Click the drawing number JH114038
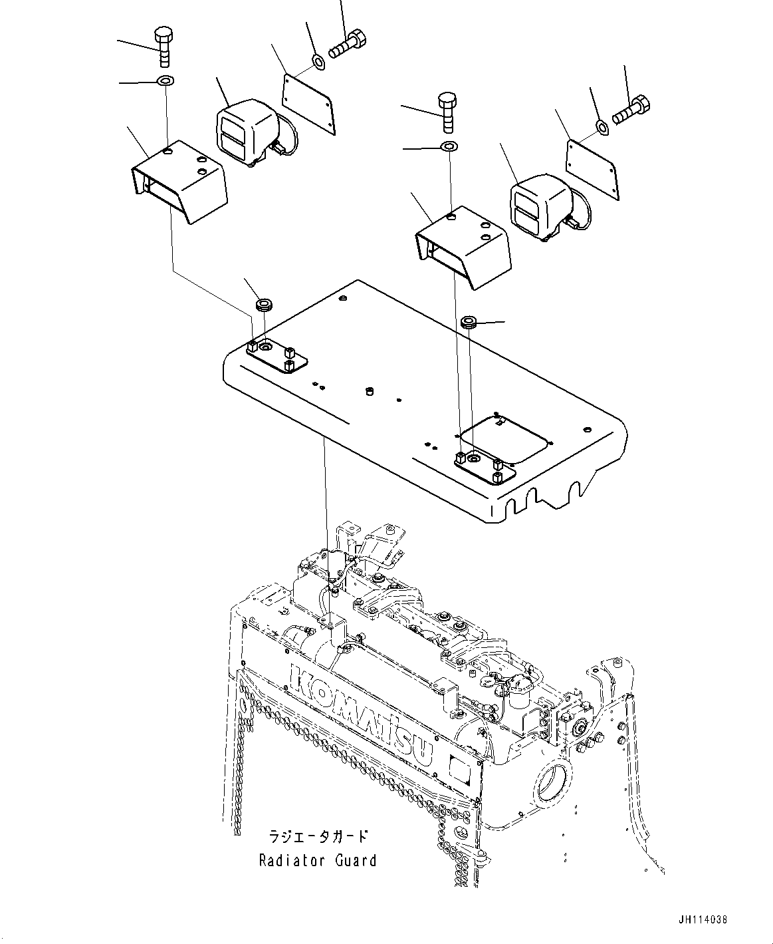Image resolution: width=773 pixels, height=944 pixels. [703, 920]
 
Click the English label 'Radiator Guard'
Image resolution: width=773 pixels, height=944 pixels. [318, 860]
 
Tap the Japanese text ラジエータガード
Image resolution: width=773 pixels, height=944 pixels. [318, 836]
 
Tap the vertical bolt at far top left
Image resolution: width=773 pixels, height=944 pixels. [163, 46]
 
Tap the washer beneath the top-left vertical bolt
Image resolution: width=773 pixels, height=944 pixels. [164, 81]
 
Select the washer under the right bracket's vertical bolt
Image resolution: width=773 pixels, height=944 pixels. [449, 146]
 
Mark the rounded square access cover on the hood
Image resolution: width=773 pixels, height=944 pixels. [505, 438]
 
